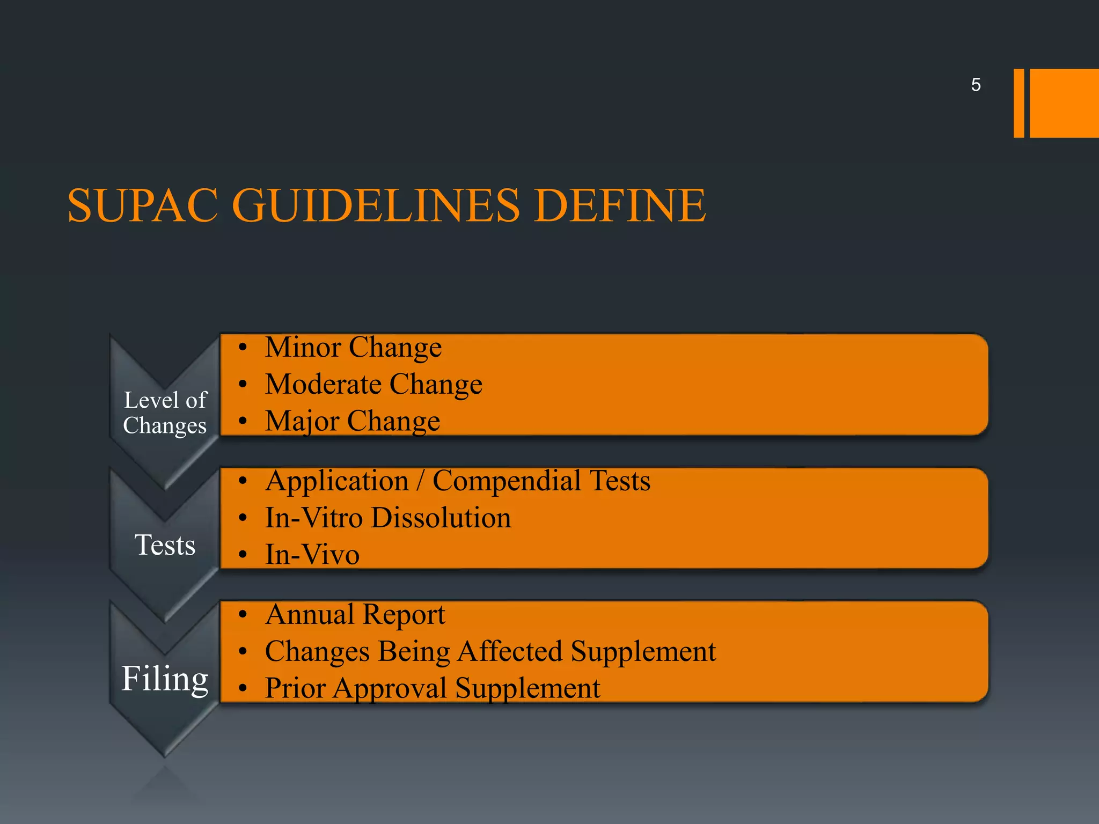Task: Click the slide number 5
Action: tap(976, 85)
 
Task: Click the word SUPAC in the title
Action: tap(143, 205)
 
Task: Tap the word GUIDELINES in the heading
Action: tap(376, 205)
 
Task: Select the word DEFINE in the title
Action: tap(620, 205)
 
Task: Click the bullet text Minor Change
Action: tap(353, 347)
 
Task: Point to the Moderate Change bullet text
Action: tap(373, 384)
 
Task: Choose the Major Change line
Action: tap(353, 421)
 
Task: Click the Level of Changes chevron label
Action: tap(165, 413)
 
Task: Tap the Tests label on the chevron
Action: tap(165, 545)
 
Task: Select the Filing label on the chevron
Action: tap(165, 679)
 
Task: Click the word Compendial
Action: tap(506, 481)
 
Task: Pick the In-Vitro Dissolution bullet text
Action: tap(388, 518)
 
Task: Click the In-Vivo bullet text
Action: tap(312, 555)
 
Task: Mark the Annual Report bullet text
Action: tap(355, 614)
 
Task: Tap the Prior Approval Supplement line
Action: tap(433, 688)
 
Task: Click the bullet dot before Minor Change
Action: tap(243, 348)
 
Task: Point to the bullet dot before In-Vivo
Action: tap(243, 555)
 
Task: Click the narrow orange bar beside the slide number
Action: tap(1019, 103)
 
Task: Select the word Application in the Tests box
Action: tap(337, 481)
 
